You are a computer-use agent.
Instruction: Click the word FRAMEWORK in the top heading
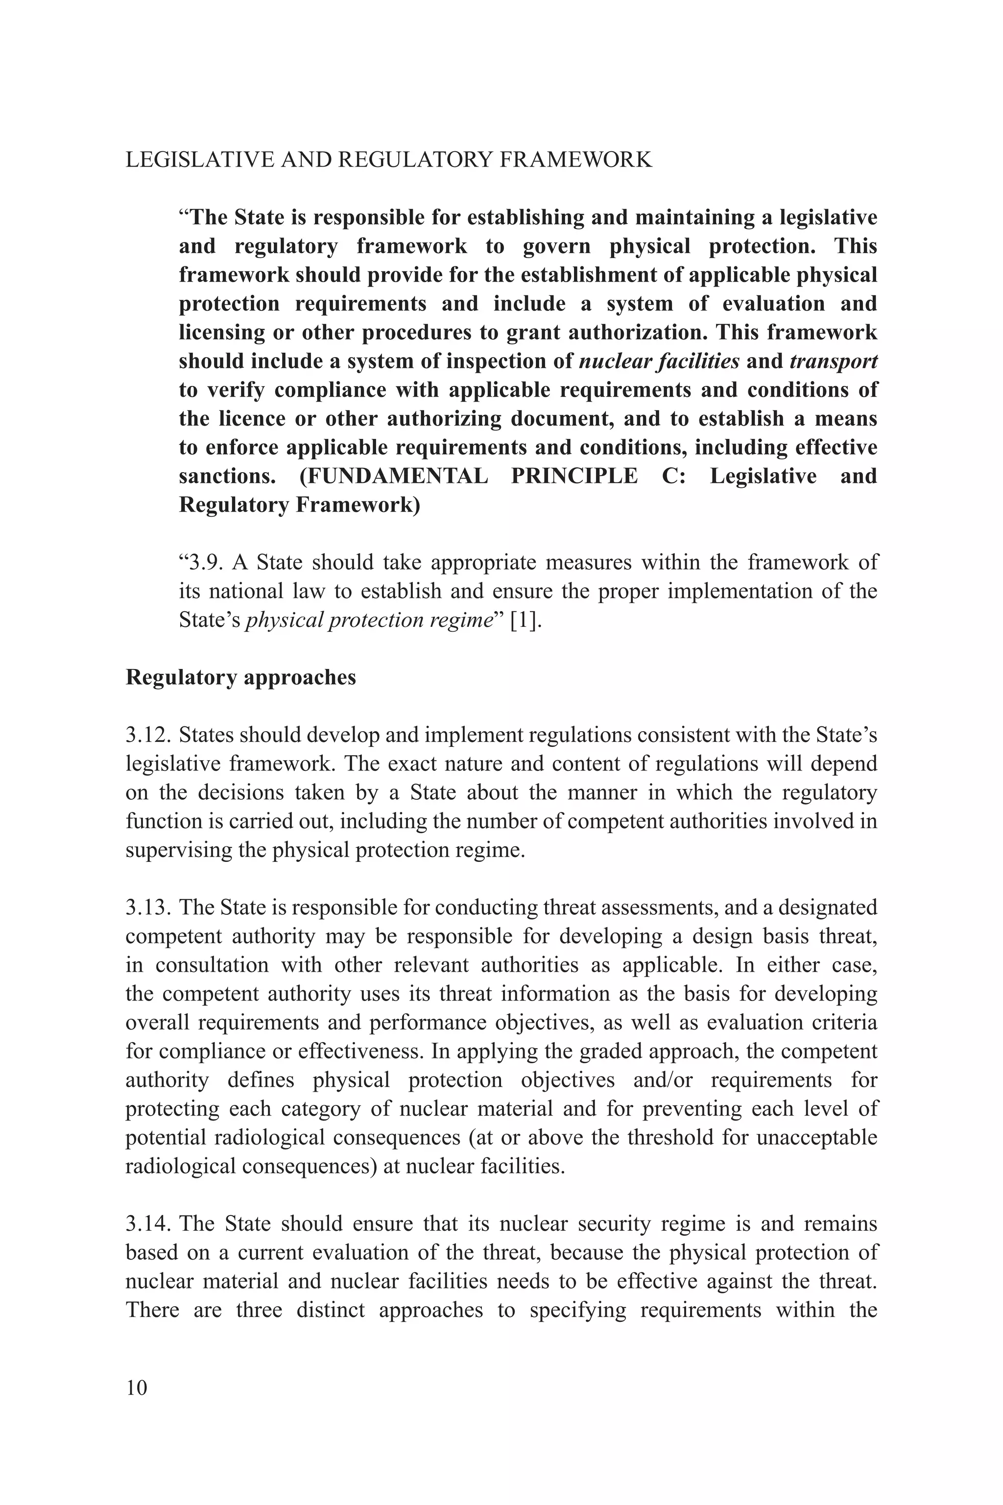[x=574, y=159]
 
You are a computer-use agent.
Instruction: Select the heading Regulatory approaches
[x=240, y=677]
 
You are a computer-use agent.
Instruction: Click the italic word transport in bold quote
[x=834, y=361]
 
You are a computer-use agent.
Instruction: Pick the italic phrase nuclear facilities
[x=659, y=361]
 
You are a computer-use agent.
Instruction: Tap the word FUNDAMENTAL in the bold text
[x=393, y=477]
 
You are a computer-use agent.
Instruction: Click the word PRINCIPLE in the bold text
[x=574, y=477]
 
